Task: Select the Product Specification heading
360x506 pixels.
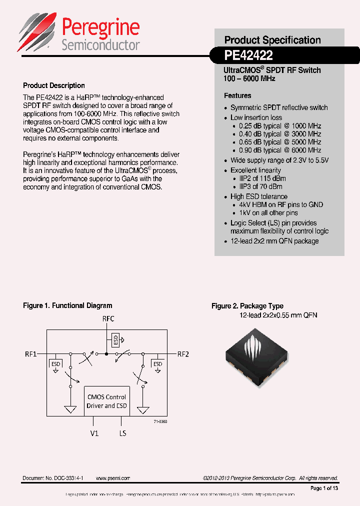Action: coord(272,40)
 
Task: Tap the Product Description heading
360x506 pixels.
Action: coord(54,85)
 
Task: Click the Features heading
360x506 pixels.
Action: coord(237,95)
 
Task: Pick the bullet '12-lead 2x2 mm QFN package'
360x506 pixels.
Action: coord(274,241)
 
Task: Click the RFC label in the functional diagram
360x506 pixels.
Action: coord(107,318)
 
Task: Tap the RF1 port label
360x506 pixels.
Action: coord(31,354)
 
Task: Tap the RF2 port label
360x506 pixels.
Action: coord(183,354)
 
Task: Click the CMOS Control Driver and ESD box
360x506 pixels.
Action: coord(106,401)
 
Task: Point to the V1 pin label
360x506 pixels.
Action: coord(94,433)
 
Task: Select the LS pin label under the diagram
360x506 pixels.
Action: coord(122,433)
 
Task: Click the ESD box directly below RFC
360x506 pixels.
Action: coord(116,340)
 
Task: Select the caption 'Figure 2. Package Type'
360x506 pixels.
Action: coord(247,306)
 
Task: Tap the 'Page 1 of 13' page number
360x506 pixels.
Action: coord(324,488)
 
